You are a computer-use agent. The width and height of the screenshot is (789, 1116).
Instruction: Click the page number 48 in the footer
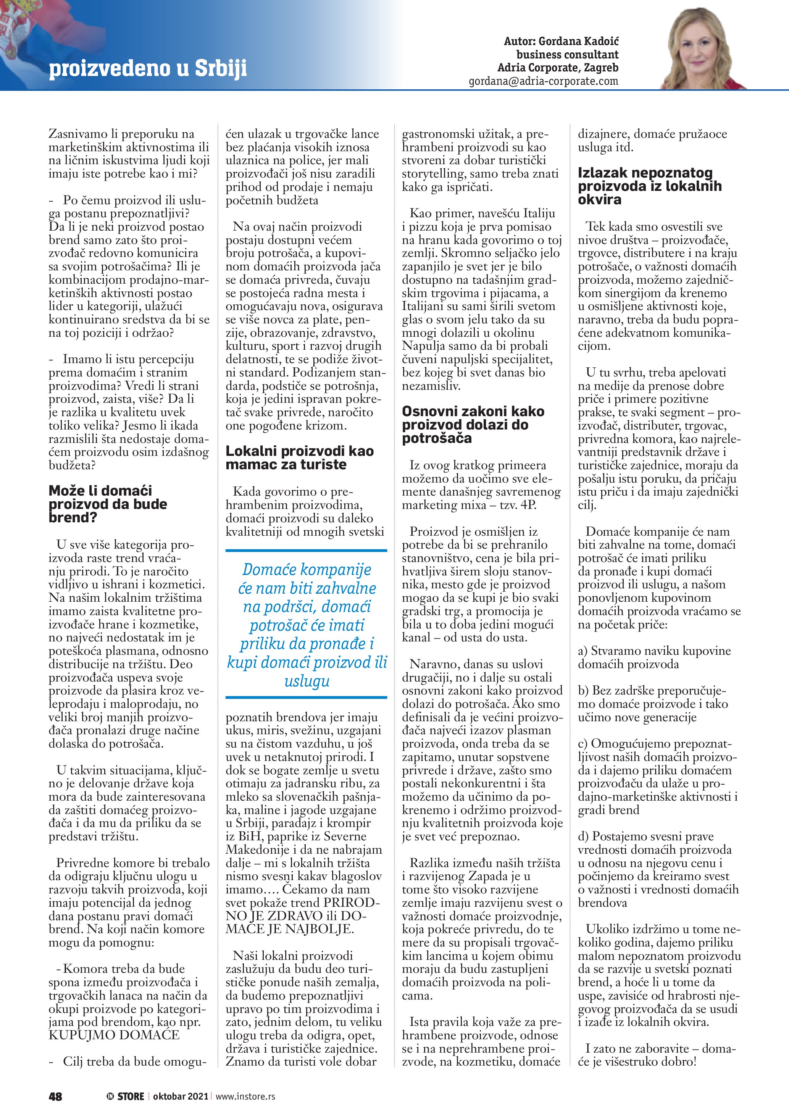[x=55, y=1096]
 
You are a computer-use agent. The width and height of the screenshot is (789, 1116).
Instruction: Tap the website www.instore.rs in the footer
[x=245, y=1096]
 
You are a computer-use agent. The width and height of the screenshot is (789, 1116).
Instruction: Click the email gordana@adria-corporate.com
[x=543, y=81]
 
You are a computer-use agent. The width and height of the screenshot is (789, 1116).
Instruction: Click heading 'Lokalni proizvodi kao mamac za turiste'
[x=299, y=457]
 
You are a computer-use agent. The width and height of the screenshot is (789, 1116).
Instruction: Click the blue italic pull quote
[x=307, y=625]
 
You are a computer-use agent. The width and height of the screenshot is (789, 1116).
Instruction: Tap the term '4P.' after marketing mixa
[x=528, y=505]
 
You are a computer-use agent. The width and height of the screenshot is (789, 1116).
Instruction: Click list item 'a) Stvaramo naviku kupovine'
[x=654, y=651]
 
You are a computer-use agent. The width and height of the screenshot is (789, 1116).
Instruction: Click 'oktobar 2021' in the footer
[x=180, y=1096]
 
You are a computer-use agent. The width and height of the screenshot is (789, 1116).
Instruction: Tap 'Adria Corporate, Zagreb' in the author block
[x=558, y=68]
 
